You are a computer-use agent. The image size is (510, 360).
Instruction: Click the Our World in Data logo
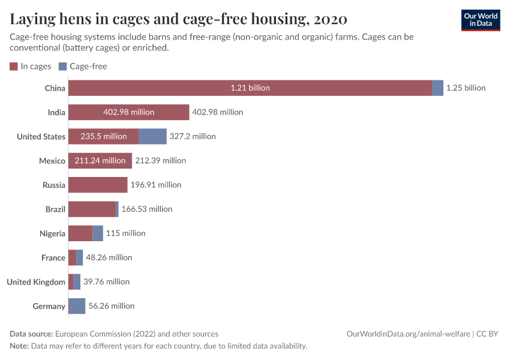tap(480, 20)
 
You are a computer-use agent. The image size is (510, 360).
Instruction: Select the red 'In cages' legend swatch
tap(14, 67)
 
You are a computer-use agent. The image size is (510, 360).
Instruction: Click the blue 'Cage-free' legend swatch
tap(62, 67)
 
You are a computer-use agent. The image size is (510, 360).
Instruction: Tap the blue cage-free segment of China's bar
tap(437, 88)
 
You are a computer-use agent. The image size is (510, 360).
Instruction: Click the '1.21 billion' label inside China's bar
tap(250, 88)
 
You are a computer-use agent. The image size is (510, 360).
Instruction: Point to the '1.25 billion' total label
tap(466, 88)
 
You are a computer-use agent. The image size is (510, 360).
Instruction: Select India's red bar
tap(128, 112)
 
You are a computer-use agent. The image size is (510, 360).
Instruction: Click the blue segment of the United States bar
tap(152, 136)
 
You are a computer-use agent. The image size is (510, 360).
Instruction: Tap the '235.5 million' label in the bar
tap(103, 136)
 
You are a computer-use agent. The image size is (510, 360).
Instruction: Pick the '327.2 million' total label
tap(193, 136)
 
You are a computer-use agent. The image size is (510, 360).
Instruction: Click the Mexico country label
tap(52, 161)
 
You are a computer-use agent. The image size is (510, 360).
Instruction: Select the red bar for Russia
tap(97, 185)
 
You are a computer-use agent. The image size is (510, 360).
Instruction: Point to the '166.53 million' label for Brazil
tap(146, 209)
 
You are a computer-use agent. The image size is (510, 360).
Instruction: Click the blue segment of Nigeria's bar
tap(98, 233)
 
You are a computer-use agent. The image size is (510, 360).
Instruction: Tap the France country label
tap(53, 257)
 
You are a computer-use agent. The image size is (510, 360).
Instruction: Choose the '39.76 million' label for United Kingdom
tap(106, 282)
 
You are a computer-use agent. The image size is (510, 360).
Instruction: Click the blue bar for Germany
tap(77, 306)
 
